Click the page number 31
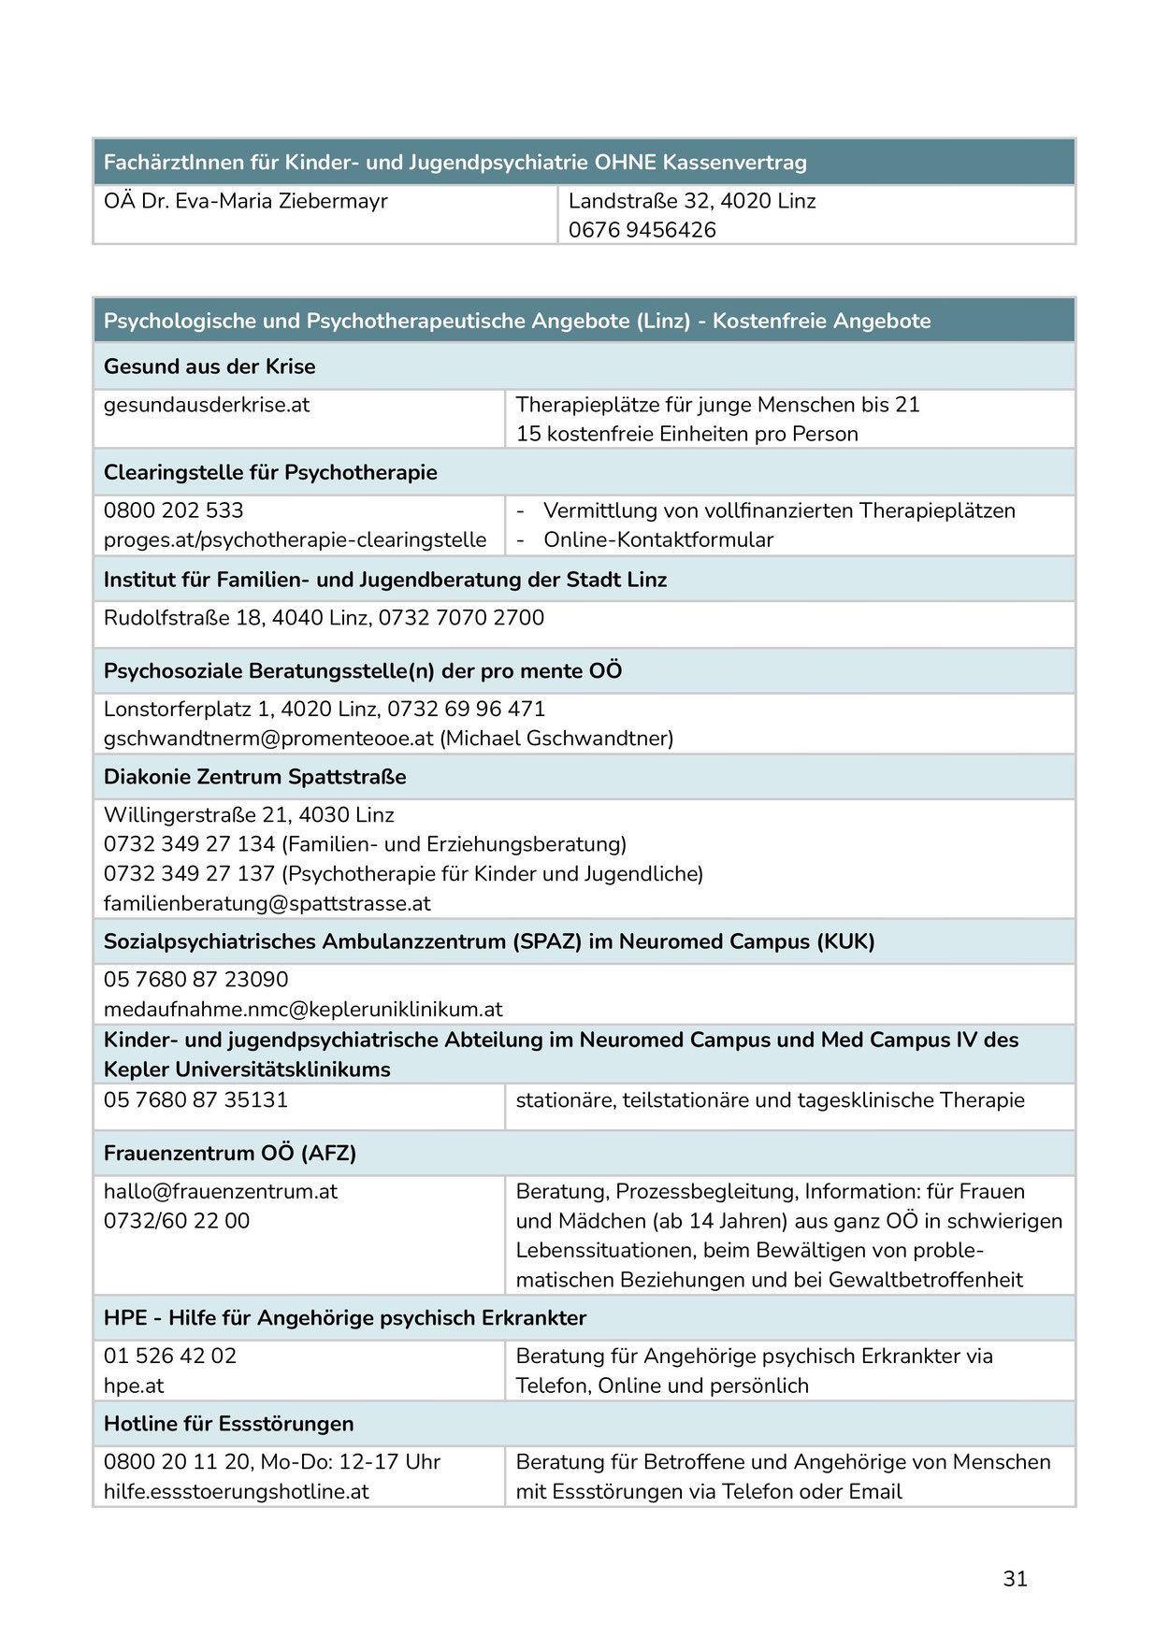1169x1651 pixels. point(1015,1578)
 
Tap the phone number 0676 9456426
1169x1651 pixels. point(642,230)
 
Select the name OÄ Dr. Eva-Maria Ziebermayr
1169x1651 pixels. point(245,201)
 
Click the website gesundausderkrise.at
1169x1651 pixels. point(206,405)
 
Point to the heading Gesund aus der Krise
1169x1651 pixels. point(209,366)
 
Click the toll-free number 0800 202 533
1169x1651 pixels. point(173,510)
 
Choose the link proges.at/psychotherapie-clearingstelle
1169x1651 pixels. point(295,539)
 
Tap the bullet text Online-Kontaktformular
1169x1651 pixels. point(658,539)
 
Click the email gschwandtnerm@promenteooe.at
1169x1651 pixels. point(268,739)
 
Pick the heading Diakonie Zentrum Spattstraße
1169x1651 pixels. point(254,777)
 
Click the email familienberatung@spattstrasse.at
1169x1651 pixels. point(267,904)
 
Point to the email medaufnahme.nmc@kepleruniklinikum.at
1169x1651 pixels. point(303,1010)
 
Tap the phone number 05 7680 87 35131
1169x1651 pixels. point(195,1100)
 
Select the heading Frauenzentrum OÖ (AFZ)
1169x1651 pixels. point(229,1154)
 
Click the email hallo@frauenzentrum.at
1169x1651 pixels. point(220,1192)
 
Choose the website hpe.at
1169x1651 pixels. point(133,1386)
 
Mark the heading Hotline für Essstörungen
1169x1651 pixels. point(228,1424)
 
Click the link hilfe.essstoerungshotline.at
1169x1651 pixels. point(236,1492)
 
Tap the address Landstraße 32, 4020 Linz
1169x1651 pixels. point(692,201)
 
